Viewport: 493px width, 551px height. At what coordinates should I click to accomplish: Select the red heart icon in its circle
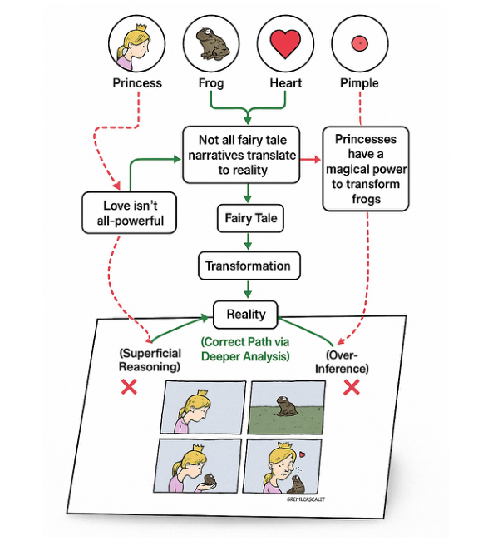[285, 43]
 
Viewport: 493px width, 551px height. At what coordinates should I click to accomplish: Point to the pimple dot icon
[359, 42]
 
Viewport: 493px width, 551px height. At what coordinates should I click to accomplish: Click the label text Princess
[137, 83]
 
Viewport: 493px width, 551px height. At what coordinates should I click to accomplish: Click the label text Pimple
[359, 83]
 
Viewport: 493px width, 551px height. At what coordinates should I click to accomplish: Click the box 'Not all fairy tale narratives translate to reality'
[249, 155]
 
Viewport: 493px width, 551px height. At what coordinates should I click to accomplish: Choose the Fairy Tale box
[249, 220]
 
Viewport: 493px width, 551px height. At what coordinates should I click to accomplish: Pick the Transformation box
[249, 266]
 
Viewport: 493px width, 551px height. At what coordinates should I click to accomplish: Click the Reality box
[245, 314]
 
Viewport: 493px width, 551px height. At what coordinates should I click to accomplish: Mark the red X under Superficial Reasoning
[129, 387]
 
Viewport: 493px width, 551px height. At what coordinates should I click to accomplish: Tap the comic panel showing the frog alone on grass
[288, 407]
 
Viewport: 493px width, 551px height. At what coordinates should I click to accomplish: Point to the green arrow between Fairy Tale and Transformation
[249, 242]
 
